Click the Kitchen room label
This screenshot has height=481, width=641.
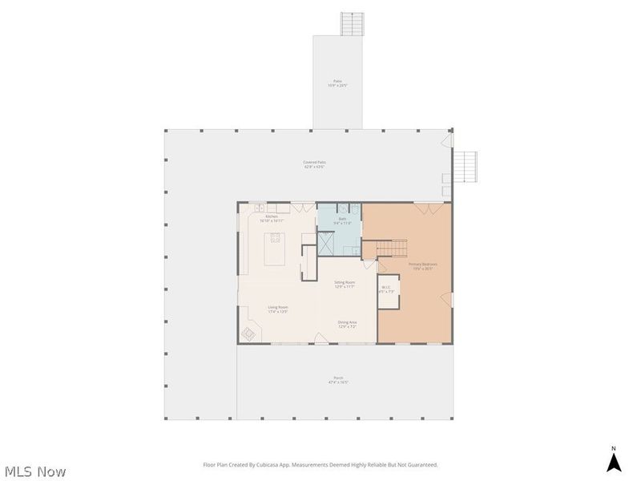[272, 218]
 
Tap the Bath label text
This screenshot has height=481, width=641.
[341, 220]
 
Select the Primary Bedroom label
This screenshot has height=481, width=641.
[422, 265]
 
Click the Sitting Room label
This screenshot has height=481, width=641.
[345, 284]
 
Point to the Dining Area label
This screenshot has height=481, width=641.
[347, 324]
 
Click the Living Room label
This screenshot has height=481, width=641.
[278, 309]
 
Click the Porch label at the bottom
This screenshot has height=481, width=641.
[338, 380]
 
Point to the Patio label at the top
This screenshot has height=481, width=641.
[338, 82]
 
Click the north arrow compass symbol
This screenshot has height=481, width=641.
[614, 462]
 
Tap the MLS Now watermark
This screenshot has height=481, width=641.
[35, 471]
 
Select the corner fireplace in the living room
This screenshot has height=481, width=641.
[249, 333]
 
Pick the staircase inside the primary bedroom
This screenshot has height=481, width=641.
[392, 249]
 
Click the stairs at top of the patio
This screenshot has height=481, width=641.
[352, 24]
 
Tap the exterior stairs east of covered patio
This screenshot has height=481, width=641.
[466, 167]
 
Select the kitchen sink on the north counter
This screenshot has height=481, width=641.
[261, 208]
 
